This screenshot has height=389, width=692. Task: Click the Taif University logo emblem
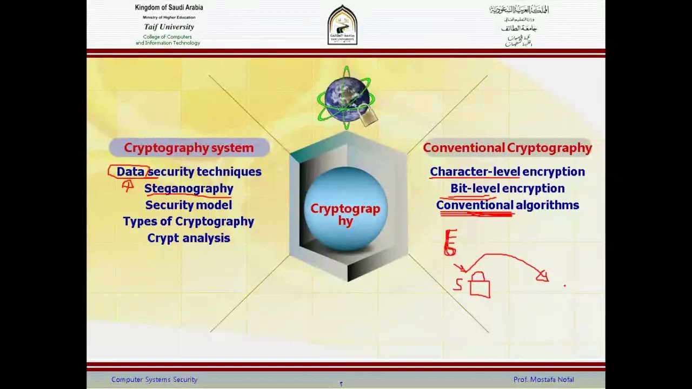(x=342, y=25)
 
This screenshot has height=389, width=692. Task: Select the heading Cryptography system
(x=189, y=147)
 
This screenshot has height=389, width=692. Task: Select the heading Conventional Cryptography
(x=507, y=147)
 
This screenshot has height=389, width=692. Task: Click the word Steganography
(x=189, y=188)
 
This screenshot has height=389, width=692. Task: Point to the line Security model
(x=188, y=205)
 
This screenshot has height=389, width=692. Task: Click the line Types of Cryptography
(x=188, y=222)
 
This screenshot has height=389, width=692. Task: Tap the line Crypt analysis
(x=188, y=238)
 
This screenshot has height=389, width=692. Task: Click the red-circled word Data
(x=130, y=172)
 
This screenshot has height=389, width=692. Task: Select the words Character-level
(x=475, y=172)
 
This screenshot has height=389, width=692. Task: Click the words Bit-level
(x=474, y=188)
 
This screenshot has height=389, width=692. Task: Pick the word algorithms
(x=547, y=205)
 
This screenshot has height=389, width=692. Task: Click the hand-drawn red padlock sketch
(x=479, y=285)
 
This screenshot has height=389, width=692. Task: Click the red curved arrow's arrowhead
(x=542, y=277)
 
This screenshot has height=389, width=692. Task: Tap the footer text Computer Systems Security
(x=154, y=380)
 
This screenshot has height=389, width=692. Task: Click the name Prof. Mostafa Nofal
(x=543, y=380)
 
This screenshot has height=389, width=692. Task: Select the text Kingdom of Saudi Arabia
(x=169, y=8)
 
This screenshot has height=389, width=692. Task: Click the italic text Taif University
(x=169, y=27)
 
